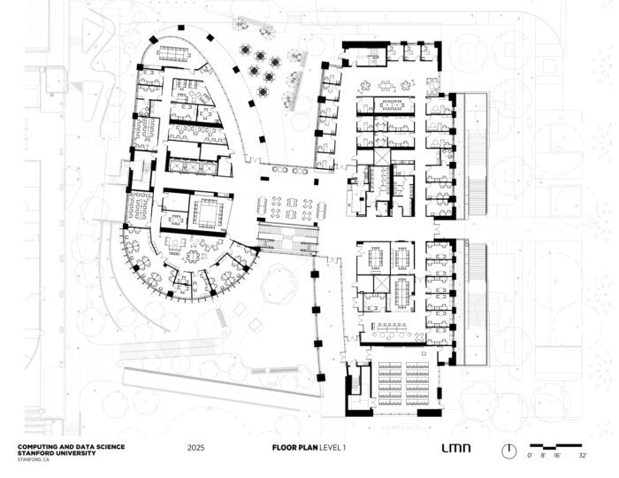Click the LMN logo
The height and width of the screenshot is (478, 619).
(456, 448)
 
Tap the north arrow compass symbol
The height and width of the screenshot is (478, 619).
(508, 451)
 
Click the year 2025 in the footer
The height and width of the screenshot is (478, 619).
(195, 448)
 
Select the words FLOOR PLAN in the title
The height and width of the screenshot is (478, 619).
(294, 448)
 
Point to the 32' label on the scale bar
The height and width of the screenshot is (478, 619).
(583, 456)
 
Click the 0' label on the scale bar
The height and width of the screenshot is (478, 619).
(530, 456)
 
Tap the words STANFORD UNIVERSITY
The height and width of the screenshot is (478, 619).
(57, 453)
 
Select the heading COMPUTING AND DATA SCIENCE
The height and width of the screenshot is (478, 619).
(71, 447)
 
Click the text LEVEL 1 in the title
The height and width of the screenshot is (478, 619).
(332, 448)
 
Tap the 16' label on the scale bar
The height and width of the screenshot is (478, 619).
(557, 456)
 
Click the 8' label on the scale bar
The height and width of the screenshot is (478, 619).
(543, 456)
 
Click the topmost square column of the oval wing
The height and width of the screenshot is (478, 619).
(180, 27)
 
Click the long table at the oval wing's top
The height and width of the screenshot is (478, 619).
(174, 52)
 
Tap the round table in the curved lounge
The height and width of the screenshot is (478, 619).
(192, 257)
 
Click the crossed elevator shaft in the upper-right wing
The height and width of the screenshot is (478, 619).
(381, 157)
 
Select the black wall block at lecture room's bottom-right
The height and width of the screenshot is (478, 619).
(429, 412)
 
